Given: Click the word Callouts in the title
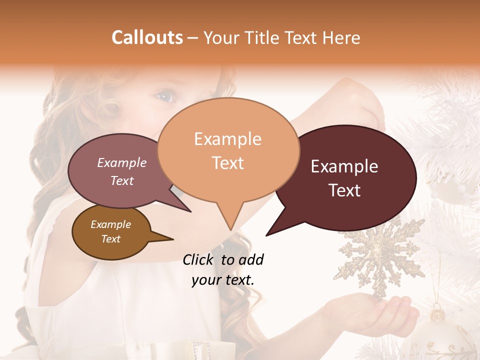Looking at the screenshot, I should coord(147,37).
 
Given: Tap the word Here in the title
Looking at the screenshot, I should coord(339,37).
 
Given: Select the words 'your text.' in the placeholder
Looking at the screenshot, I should coord(223,280).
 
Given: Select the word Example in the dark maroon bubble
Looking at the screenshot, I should coord(344,166).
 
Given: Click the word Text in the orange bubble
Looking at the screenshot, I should coord(228,163).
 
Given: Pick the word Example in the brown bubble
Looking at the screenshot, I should coord(110,224).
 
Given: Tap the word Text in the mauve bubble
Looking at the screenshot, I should coord(122,181).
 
